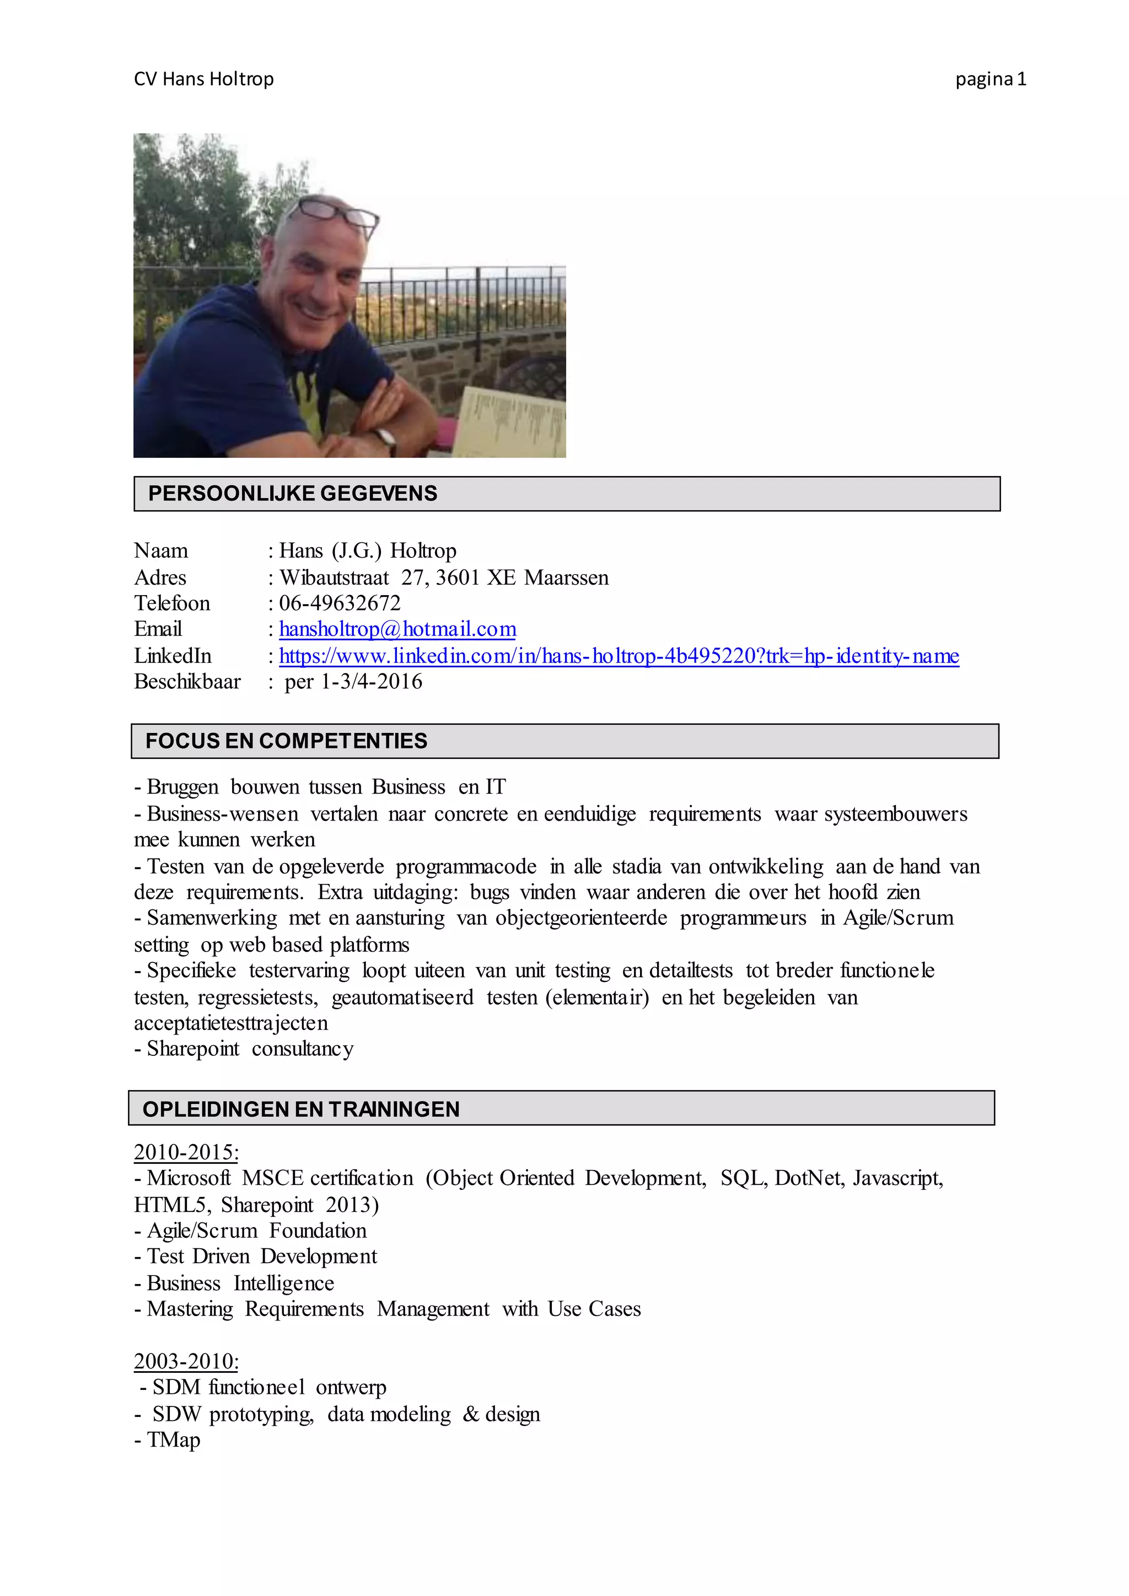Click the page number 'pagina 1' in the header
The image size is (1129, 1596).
(x=990, y=79)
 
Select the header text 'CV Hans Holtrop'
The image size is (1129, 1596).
(x=203, y=79)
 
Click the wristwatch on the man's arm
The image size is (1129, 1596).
(x=386, y=439)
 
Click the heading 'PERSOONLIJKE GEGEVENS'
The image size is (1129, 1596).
(x=293, y=494)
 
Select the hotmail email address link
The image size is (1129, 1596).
(x=397, y=629)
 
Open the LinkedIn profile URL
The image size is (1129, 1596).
(x=619, y=655)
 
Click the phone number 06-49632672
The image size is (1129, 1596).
(x=340, y=603)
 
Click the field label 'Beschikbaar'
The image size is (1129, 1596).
(x=187, y=681)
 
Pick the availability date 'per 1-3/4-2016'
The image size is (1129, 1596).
(x=353, y=681)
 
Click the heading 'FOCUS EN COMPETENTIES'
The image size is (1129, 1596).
(x=287, y=741)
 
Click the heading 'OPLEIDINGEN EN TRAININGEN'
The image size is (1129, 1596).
(x=301, y=1109)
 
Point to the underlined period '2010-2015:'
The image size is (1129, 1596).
(x=186, y=1152)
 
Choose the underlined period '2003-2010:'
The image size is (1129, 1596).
(x=186, y=1361)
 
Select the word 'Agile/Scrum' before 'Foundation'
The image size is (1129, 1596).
(x=202, y=1231)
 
